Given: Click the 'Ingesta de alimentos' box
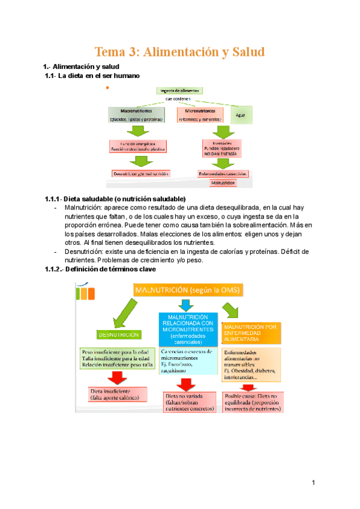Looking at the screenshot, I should tap(181, 90).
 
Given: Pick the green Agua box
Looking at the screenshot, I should tap(241, 114).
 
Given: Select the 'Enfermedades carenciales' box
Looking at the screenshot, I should tap(223, 173).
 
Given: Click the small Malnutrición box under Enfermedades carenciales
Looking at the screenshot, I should tap(223, 182).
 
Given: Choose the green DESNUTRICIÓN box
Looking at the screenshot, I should tap(118, 334).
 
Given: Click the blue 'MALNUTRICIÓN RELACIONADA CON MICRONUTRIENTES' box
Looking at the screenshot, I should tap(188, 328).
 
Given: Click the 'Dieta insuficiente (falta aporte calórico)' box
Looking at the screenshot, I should tap(115, 394).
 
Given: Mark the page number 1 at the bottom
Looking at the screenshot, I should tap(313, 483).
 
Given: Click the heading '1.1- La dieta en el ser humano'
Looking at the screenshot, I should tap(92, 76).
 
